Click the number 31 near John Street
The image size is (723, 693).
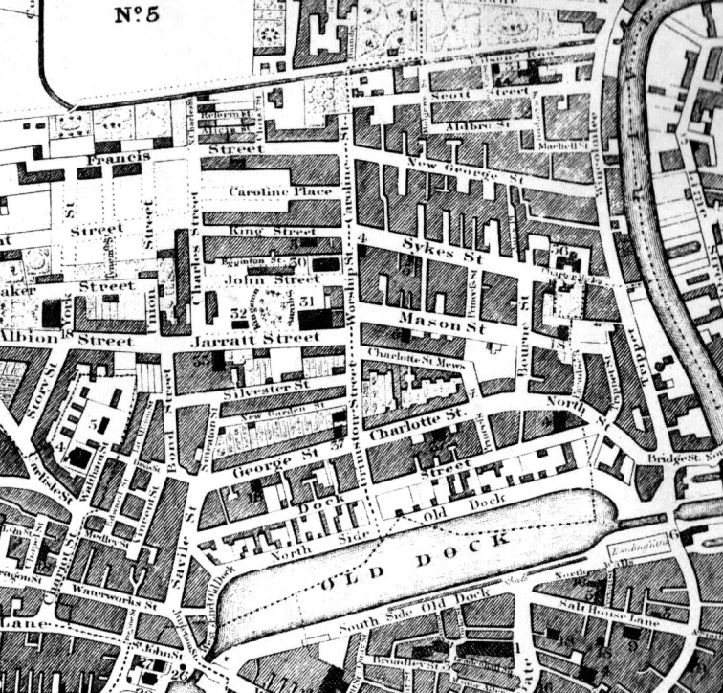(308, 302)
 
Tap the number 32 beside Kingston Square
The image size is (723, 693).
(238, 312)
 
